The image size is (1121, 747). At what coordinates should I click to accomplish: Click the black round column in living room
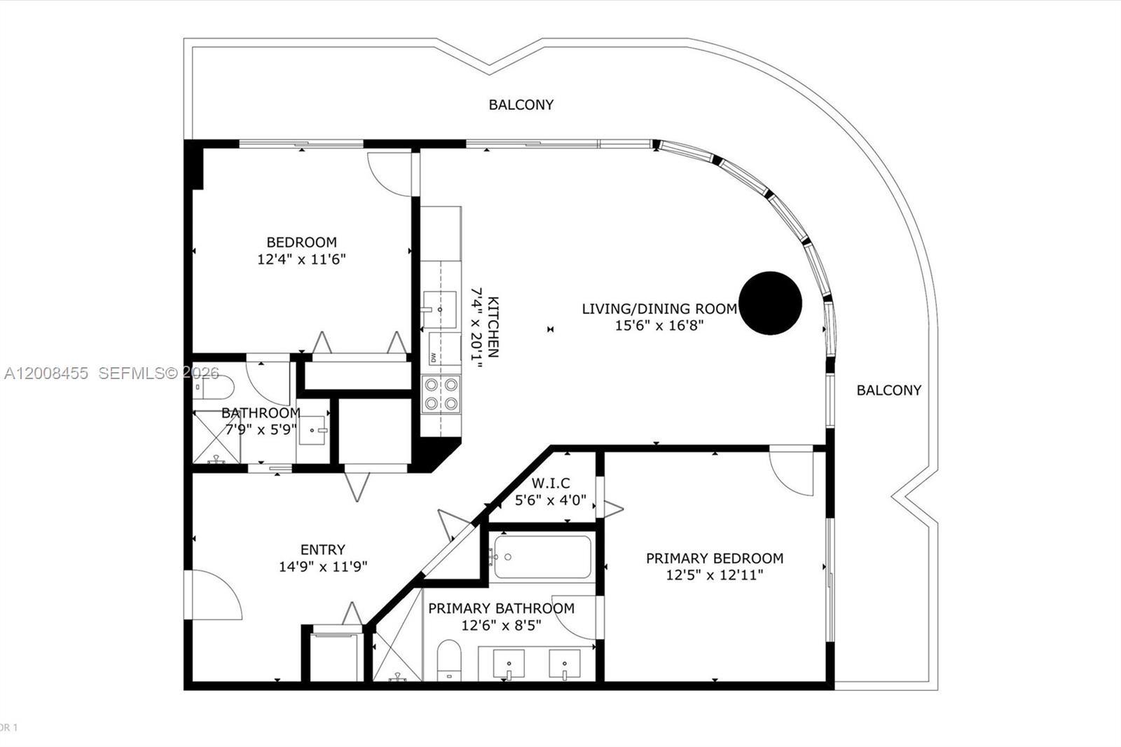pyautogui.click(x=770, y=303)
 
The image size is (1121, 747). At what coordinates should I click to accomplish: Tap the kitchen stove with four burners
pyautogui.click(x=441, y=394)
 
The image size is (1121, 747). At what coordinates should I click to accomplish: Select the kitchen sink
pyautogui.click(x=439, y=309)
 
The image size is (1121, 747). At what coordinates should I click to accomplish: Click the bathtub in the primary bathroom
pyautogui.click(x=542, y=557)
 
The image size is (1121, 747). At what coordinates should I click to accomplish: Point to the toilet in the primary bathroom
pyautogui.click(x=449, y=659)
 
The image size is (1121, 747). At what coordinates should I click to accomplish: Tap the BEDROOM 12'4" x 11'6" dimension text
pyautogui.click(x=301, y=259)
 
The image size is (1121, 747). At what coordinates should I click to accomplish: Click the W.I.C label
pyautogui.click(x=551, y=484)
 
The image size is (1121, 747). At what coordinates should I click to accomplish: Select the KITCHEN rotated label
pyautogui.click(x=493, y=327)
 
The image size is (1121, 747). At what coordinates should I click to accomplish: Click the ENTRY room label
pyautogui.click(x=322, y=550)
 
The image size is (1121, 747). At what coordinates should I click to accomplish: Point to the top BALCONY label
pyautogui.click(x=521, y=105)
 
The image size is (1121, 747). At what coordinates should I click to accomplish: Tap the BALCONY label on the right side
pyautogui.click(x=888, y=390)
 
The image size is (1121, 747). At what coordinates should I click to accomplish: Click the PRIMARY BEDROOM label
pyautogui.click(x=714, y=558)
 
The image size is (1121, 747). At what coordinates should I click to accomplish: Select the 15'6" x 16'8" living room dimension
pyautogui.click(x=659, y=325)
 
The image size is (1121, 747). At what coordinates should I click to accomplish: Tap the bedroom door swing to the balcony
pyautogui.click(x=390, y=174)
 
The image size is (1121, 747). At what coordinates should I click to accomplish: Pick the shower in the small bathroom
pyautogui.click(x=216, y=437)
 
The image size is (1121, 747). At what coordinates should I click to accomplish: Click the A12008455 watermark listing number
pyautogui.click(x=46, y=373)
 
